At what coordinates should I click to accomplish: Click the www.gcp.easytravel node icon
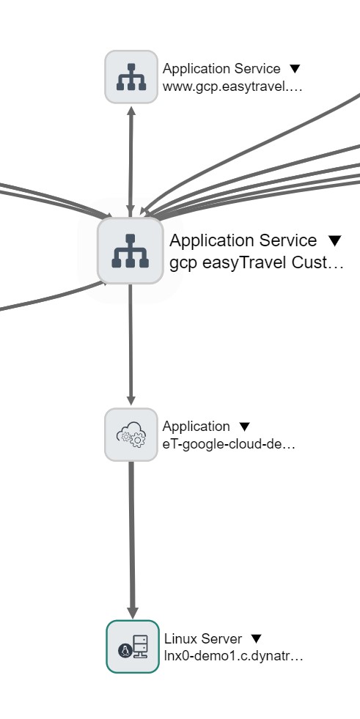131,77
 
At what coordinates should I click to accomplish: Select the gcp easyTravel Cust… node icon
131,251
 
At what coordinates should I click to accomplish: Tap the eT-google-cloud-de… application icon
131,435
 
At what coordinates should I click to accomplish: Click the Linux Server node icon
133,646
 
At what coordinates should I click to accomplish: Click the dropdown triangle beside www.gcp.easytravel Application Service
295,69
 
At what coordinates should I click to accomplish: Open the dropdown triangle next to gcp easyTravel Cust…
335,240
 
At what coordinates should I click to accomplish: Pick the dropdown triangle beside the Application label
245,427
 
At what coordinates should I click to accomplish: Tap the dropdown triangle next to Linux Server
257,639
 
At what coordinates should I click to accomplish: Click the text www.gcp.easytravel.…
232,86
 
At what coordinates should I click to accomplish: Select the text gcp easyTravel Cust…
257,263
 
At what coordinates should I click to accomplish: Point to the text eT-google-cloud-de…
229,444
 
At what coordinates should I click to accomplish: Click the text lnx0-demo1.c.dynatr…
233,656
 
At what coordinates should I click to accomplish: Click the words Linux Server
203,639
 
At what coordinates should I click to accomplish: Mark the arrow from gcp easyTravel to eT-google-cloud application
131,344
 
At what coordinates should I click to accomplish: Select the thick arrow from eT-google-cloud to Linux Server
132,540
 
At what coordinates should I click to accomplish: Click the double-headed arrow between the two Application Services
131,161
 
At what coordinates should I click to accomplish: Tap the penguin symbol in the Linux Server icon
125,650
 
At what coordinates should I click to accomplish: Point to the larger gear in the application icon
138,439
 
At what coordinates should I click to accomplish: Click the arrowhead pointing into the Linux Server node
133,613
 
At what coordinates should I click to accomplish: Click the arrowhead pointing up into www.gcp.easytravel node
131,111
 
